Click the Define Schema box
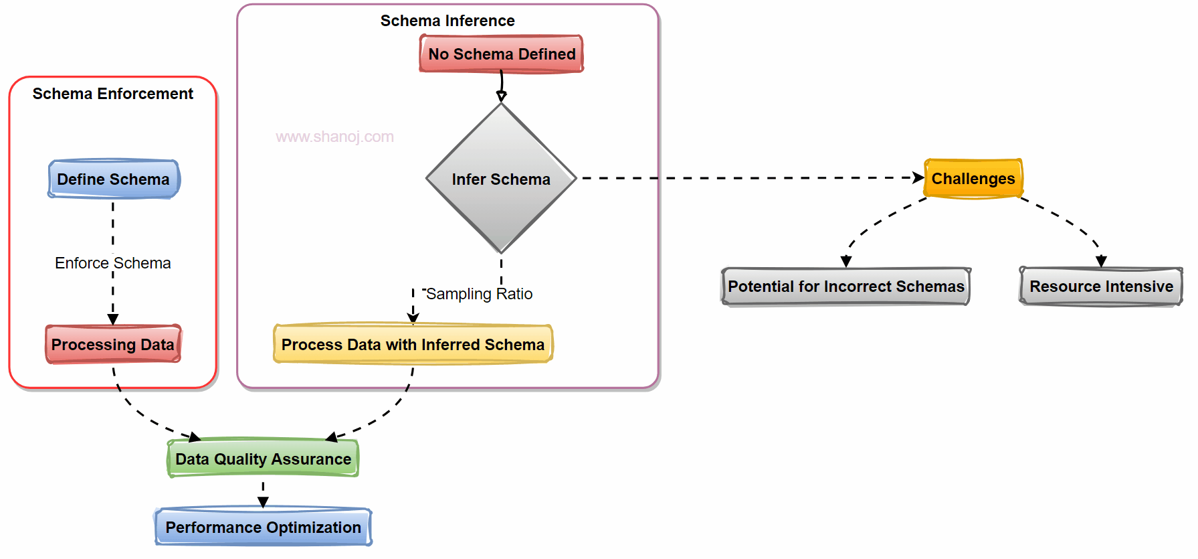(x=113, y=179)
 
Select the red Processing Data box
(x=113, y=345)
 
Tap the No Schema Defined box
(x=502, y=54)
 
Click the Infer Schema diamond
(x=501, y=179)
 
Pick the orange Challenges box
(x=973, y=179)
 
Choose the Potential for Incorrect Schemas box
(x=845, y=287)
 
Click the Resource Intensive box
(x=1101, y=287)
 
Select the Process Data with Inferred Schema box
(x=413, y=345)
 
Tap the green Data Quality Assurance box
(x=263, y=459)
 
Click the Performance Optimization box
(x=263, y=528)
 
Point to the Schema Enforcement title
(x=113, y=94)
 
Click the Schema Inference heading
(x=447, y=21)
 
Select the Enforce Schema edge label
(x=113, y=263)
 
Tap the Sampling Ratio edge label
(x=479, y=294)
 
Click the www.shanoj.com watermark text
(x=334, y=137)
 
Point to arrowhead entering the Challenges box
(x=918, y=178)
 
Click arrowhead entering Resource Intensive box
(x=1101, y=261)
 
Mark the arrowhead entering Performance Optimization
(x=263, y=502)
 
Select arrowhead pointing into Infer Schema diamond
(x=501, y=97)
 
